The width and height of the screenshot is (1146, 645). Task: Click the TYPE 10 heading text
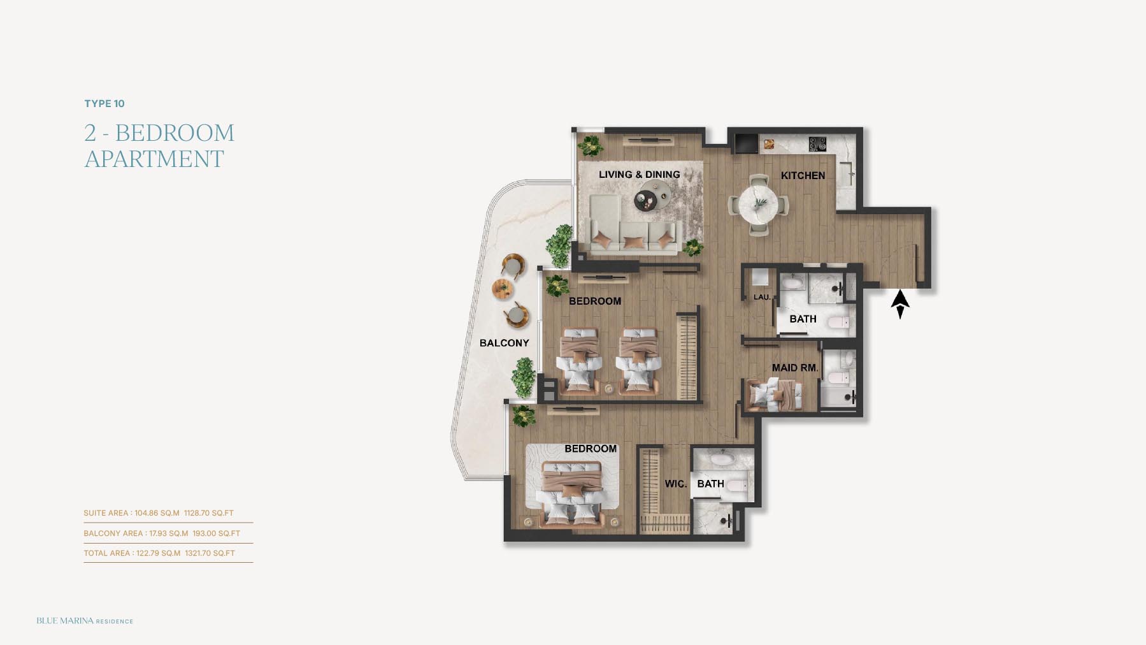point(104,104)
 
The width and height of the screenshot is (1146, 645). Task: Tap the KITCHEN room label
point(803,175)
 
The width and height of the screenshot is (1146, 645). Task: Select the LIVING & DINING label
point(639,174)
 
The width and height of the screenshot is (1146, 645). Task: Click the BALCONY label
point(504,343)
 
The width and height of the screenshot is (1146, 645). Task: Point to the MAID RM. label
point(795,368)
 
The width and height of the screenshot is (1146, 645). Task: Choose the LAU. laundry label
point(762,297)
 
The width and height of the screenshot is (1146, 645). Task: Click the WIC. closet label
point(676,484)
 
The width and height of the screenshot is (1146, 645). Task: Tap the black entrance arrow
point(900,304)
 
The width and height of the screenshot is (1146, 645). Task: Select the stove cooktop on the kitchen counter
point(817,144)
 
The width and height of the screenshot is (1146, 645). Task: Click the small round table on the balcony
point(503,289)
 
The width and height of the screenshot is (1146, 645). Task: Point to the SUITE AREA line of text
point(159,513)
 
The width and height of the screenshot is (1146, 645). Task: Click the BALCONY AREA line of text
point(162,533)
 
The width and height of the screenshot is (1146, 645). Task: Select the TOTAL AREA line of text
point(159,553)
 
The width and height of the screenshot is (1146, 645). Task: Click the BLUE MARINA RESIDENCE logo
point(85,621)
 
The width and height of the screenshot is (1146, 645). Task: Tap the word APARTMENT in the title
point(154,159)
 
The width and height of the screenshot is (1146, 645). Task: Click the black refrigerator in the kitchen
point(746,143)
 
